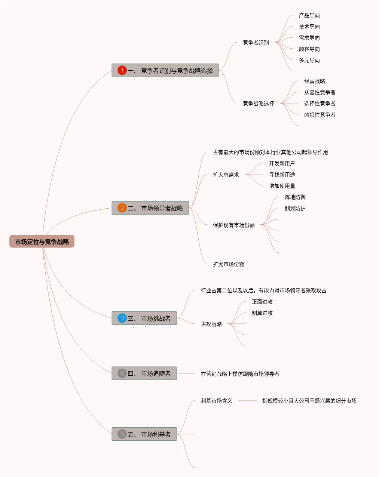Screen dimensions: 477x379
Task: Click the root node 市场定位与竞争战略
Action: click(x=42, y=242)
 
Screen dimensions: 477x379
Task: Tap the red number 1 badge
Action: click(x=122, y=70)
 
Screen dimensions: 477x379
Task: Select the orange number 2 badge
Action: click(x=122, y=208)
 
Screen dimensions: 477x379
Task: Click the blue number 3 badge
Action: click(x=122, y=318)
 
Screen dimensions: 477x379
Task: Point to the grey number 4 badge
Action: click(x=122, y=373)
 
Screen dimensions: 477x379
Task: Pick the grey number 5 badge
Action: click(x=122, y=434)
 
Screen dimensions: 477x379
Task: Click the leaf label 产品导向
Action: click(x=309, y=15)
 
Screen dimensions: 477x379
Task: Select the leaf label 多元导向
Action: click(x=309, y=60)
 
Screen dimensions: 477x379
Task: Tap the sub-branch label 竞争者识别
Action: click(x=256, y=43)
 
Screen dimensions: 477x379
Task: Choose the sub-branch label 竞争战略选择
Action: click(x=258, y=104)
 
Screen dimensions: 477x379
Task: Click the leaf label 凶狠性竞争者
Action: click(x=320, y=115)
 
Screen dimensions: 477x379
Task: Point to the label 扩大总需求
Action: click(x=226, y=175)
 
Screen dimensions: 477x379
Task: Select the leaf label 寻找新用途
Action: click(x=282, y=175)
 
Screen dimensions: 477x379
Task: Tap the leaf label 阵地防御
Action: click(x=295, y=197)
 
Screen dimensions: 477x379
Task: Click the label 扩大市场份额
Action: click(x=228, y=264)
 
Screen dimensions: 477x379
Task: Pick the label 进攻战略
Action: click(x=211, y=324)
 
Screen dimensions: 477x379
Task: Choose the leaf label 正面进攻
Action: click(x=262, y=302)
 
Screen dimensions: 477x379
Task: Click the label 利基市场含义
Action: click(x=216, y=401)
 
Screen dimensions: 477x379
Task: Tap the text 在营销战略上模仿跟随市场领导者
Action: click(x=240, y=374)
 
